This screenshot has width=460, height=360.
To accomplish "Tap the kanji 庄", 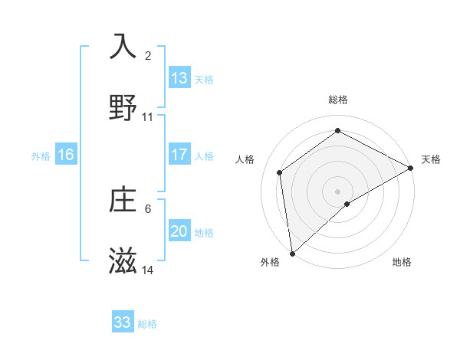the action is [123, 201].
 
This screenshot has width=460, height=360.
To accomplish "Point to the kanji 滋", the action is [123, 262].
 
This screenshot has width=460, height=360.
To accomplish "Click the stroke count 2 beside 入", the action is [148, 56].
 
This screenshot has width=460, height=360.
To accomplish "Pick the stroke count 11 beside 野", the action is [148, 117].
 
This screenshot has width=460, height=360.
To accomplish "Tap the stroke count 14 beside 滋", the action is [148, 270].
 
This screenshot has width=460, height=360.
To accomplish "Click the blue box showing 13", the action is [179, 78].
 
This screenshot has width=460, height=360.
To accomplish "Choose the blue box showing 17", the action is [179, 155].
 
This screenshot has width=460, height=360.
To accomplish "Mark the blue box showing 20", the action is [179, 231].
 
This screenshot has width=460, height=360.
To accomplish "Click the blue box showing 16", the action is [66, 155].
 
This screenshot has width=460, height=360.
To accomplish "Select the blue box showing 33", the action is [123, 322].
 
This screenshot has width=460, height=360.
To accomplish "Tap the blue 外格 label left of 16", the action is [41, 156].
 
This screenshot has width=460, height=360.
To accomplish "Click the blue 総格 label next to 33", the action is [147, 324].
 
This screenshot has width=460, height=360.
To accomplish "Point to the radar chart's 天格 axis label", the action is [431, 159].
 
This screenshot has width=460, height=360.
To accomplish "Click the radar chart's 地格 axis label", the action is [402, 263].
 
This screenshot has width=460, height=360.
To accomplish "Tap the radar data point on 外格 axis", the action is [292, 253].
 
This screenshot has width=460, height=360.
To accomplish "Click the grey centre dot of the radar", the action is [337, 191].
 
